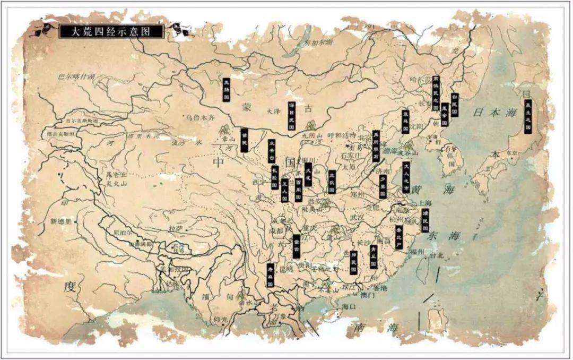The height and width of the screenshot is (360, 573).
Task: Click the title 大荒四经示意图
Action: (x=110, y=32)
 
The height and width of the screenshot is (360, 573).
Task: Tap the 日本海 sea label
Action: (x=494, y=113)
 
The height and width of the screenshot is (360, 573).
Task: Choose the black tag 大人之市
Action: (x=406, y=176)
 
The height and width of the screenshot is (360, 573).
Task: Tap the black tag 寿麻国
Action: (x=270, y=275)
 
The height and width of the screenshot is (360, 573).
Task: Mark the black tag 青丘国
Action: (x=374, y=256)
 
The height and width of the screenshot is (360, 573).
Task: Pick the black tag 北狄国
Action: (x=332, y=182)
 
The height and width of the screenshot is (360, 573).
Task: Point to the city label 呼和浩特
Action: (x=343, y=135)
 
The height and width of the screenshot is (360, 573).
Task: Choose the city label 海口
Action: (x=348, y=306)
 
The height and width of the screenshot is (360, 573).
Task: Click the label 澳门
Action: (x=367, y=295)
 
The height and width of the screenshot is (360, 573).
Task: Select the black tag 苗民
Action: (x=245, y=141)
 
